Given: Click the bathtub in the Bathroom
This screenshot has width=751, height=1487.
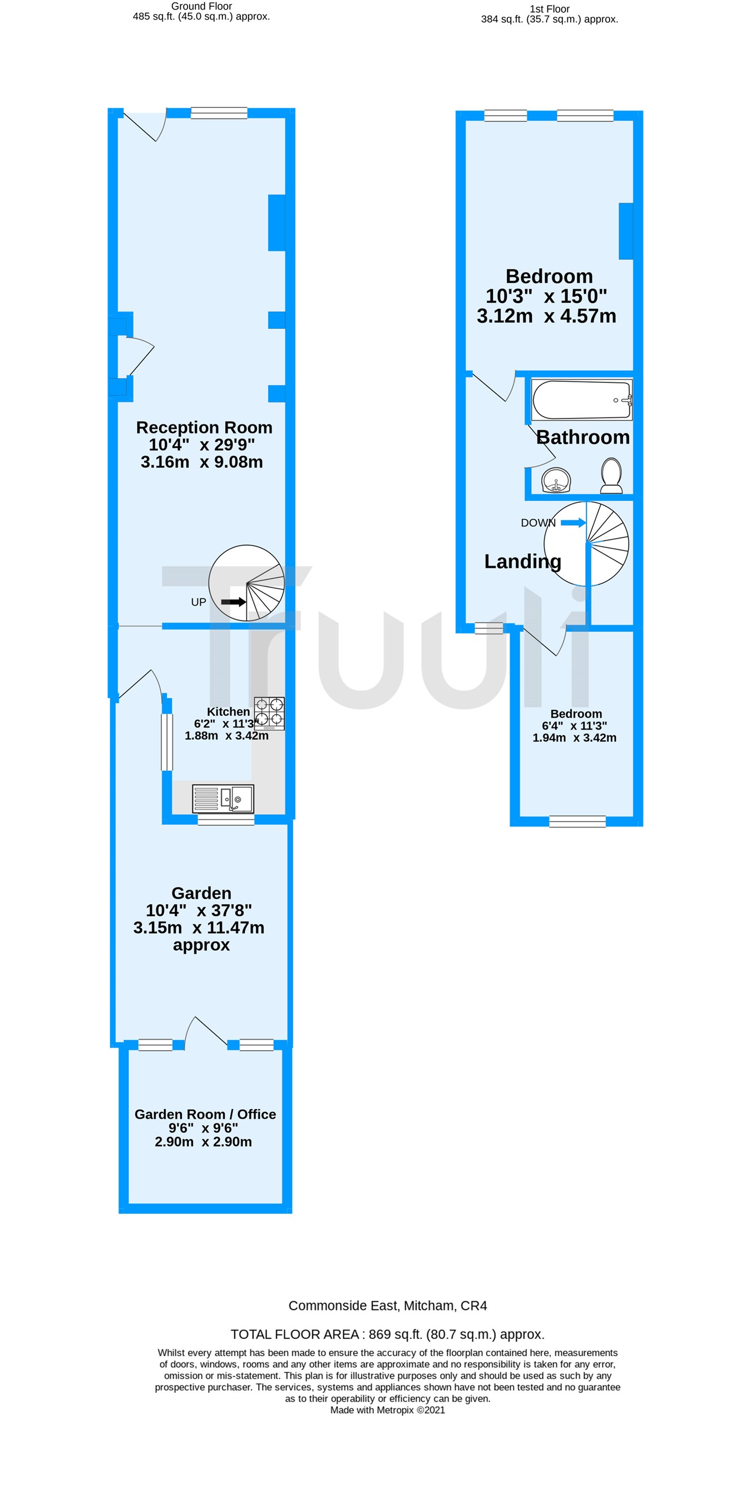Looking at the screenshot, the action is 581,400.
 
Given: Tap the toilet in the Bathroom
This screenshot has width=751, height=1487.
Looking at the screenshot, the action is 611,476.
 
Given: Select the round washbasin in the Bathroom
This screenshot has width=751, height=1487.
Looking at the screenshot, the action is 556,480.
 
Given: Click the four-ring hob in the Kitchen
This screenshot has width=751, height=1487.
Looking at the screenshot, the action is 270,713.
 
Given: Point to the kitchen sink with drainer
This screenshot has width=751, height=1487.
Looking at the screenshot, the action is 223,799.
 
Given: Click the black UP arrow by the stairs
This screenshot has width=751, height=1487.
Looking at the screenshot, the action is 234,602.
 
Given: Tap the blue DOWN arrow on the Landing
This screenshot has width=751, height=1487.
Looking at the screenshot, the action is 573,523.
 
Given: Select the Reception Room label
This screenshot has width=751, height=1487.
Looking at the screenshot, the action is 204,427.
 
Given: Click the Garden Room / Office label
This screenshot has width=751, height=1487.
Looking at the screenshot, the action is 205,1114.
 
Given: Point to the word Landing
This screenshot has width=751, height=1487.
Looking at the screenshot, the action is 522,561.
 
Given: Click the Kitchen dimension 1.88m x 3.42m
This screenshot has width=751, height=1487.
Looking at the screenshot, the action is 226,735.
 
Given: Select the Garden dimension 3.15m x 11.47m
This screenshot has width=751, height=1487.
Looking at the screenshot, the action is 199,928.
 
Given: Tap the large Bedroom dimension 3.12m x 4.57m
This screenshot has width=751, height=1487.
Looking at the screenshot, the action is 546,316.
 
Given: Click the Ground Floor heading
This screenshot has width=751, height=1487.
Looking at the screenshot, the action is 201,6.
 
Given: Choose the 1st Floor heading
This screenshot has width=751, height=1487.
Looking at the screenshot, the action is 550,9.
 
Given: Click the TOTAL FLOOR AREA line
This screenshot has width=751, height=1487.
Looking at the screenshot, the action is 387,1334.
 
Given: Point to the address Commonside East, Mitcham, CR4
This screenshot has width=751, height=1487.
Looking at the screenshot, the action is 387,1305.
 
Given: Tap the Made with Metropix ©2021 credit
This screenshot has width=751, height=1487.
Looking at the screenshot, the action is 387,1410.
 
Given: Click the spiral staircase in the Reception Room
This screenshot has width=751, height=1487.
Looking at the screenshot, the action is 247,583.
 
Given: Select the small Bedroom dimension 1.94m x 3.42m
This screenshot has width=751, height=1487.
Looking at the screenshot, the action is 574,738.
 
